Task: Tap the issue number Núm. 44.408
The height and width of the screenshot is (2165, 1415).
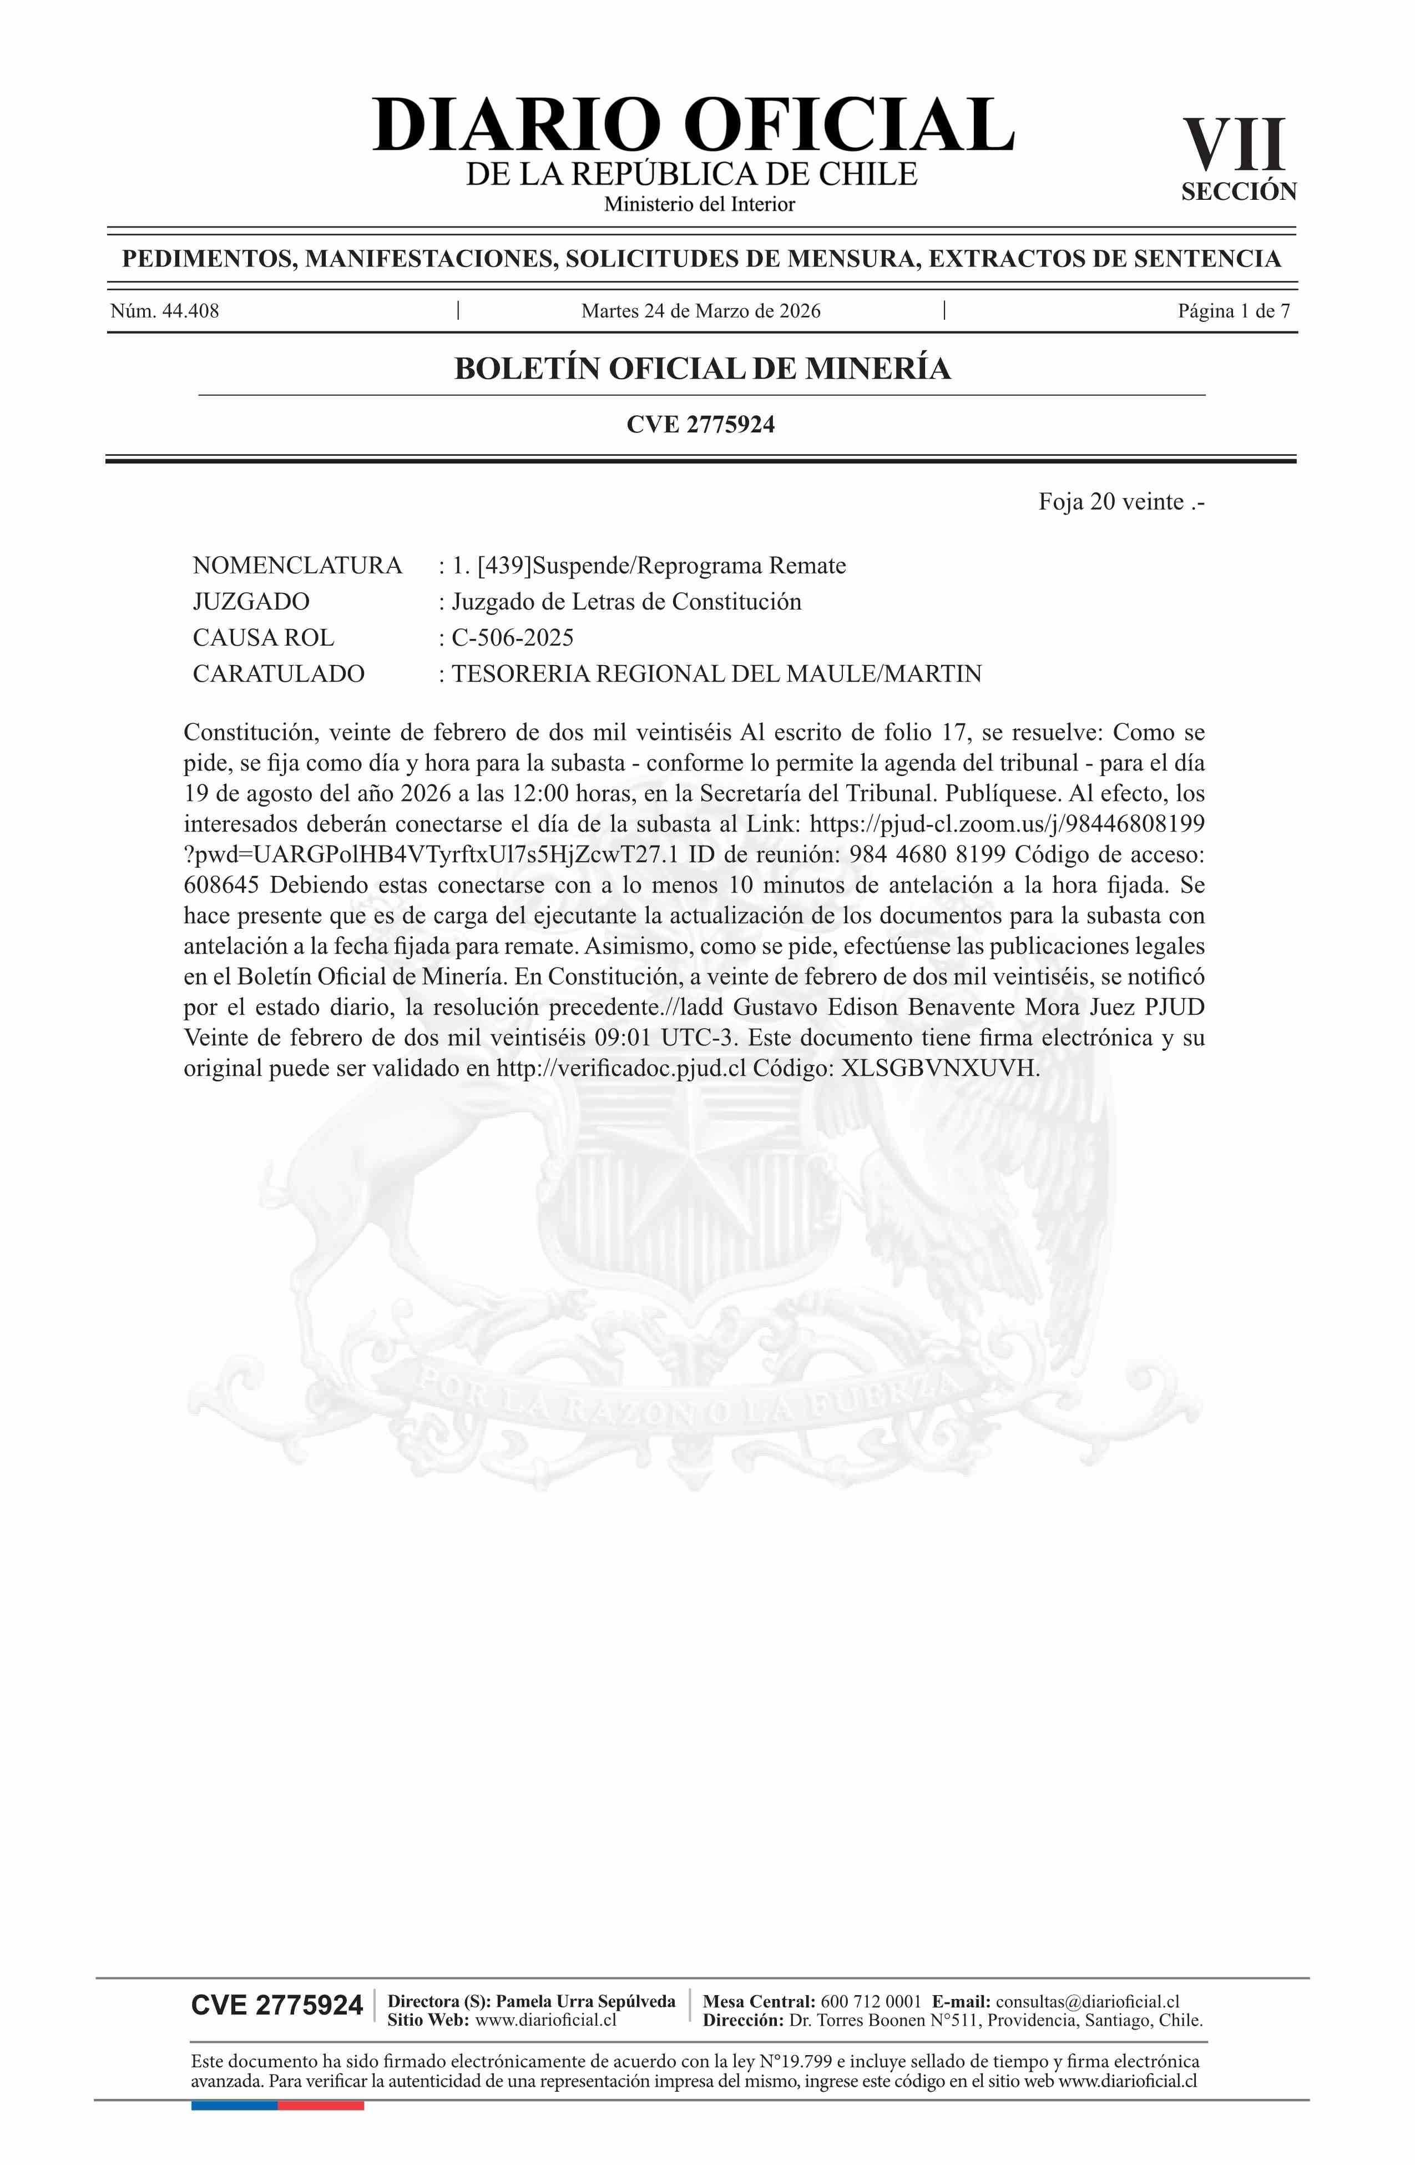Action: pos(165,311)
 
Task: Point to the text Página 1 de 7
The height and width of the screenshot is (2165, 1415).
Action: pos(1233,311)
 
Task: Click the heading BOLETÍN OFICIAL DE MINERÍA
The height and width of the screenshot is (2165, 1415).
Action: pos(702,369)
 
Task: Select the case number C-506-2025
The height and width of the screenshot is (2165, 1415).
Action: pos(512,638)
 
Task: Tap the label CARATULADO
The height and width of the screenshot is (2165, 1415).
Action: pos(278,674)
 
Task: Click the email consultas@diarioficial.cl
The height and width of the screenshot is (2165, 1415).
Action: pos(1088,2001)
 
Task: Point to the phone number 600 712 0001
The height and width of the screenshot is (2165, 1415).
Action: pos(870,2001)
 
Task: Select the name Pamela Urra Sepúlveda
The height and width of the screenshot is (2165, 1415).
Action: pos(585,2001)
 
